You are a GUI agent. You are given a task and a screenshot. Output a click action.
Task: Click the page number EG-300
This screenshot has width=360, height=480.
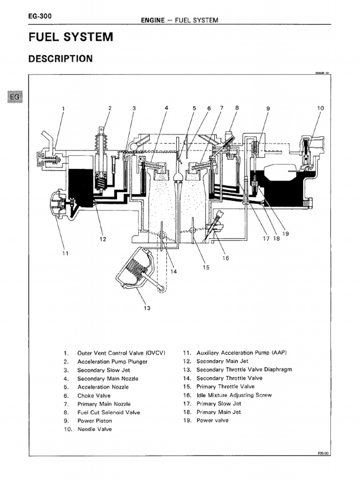click(x=40, y=16)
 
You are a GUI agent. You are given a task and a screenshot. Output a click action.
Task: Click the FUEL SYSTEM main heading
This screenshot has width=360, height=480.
click(x=71, y=37)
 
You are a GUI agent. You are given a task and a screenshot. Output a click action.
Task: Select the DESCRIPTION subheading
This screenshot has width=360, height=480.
click(x=60, y=59)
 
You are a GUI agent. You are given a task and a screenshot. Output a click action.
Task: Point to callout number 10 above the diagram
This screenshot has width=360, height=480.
click(x=321, y=108)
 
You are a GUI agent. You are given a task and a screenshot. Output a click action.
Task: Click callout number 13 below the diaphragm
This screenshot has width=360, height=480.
click(x=147, y=308)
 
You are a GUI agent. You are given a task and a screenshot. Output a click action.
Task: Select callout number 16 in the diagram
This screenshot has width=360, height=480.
click(x=226, y=258)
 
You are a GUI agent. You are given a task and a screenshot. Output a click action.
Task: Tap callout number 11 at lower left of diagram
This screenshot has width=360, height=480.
click(x=65, y=253)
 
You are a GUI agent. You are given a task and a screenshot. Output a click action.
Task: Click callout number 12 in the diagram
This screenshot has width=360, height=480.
click(x=103, y=239)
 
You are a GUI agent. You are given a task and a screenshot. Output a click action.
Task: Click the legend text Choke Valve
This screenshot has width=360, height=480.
click(x=94, y=396)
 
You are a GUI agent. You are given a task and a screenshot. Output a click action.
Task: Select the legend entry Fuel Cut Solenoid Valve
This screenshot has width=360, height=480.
click(x=108, y=412)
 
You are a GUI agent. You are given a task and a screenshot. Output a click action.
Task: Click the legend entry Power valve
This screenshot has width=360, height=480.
click(x=212, y=420)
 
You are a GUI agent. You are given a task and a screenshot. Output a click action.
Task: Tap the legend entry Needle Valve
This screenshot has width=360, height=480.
click(x=95, y=429)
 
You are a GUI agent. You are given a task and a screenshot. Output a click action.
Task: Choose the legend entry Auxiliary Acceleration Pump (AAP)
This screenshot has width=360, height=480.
click(x=241, y=352)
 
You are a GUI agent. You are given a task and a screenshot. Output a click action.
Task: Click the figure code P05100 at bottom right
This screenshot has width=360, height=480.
click(x=323, y=453)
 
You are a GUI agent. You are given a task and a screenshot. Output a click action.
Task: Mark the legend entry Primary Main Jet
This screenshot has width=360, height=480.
click(x=218, y=412)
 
